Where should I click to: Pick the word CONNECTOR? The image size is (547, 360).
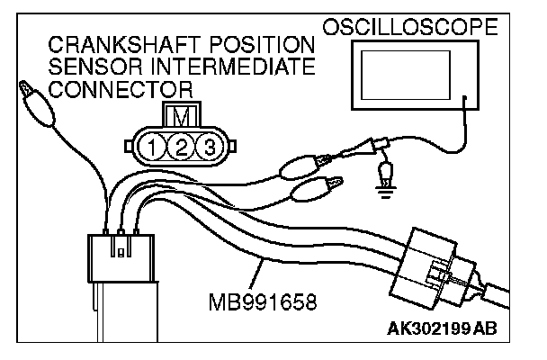122,89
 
